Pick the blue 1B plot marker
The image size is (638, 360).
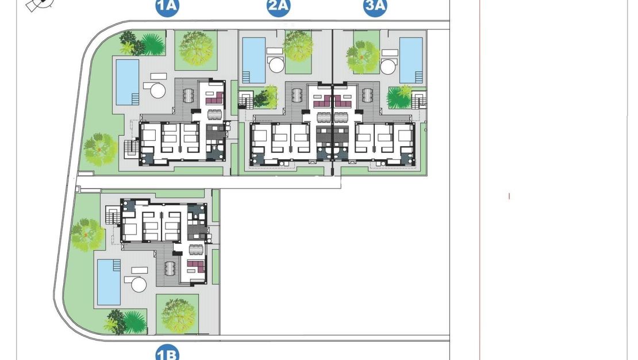[x=167, y=353]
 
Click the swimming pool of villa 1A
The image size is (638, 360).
[x=128, y=82]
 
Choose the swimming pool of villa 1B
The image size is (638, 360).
[x=109, y=281]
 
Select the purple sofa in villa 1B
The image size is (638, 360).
[x=196, y=265]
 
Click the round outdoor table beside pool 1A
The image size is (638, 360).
[x=156, y=90]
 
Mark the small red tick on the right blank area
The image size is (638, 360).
[x=509, y=196]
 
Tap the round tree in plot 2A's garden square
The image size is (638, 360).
[x=298, y=46]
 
